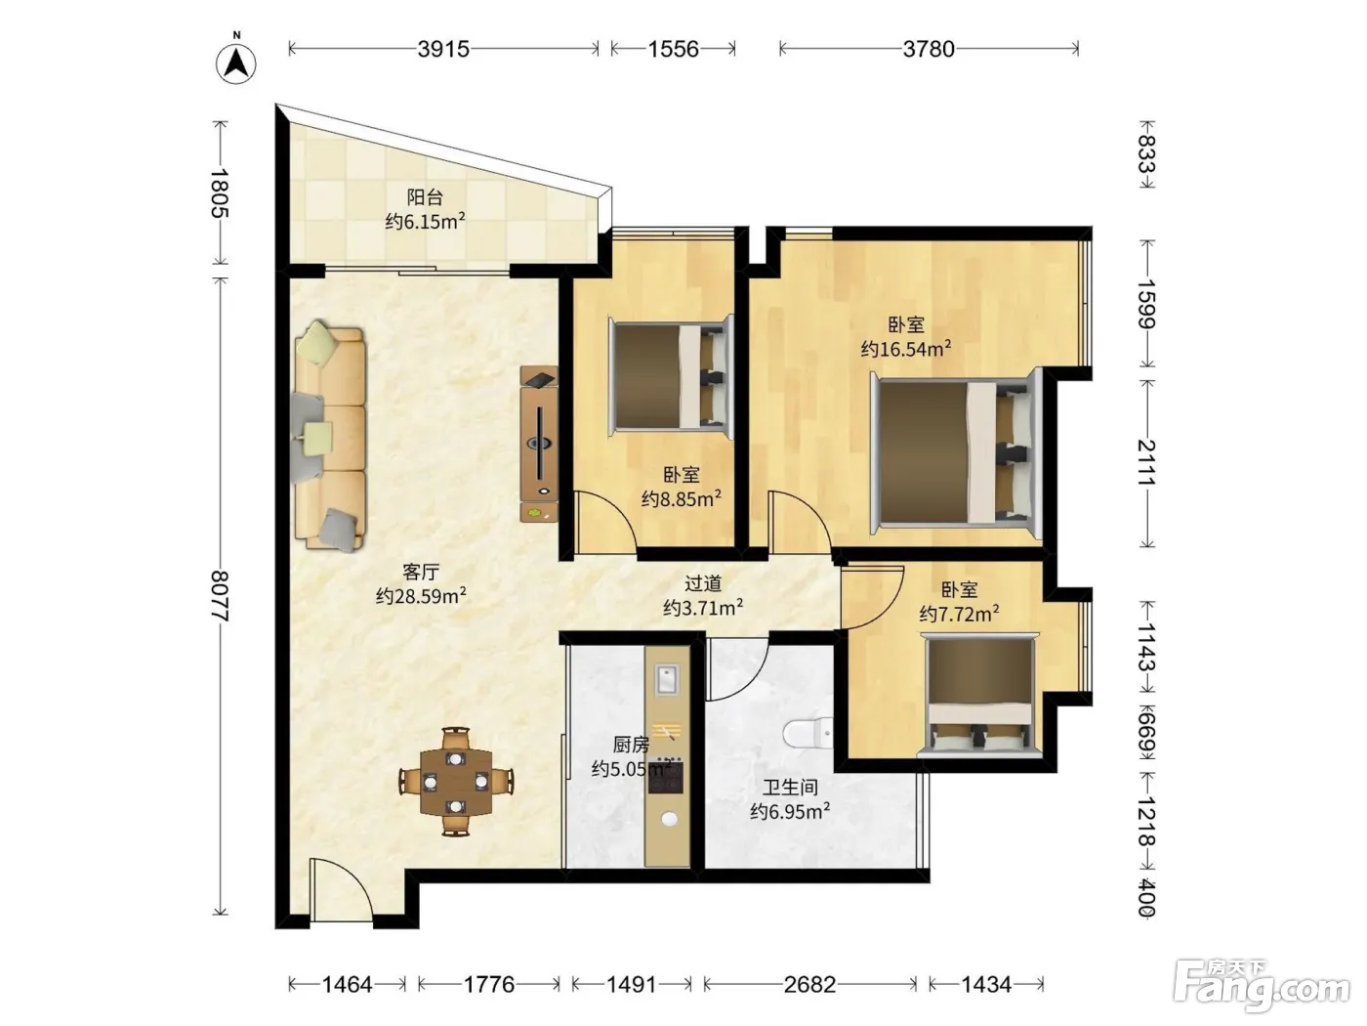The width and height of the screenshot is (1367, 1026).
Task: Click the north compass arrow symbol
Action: tap(236, 63)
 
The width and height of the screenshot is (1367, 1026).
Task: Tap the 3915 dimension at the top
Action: tap(443, 49)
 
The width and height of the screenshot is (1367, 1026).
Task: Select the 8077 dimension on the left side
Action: tap(220, 595)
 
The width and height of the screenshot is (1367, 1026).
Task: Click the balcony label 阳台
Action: tap(425, 197)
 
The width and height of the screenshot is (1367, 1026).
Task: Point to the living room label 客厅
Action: tap(421, 572)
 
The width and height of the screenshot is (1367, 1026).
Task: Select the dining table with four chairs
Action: tap(457, 781)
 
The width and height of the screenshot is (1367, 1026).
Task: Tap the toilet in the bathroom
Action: tap(808, 733)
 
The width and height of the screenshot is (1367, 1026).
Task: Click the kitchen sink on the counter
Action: tap(667, 678)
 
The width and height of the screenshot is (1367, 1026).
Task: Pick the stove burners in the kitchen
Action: tap(666, 776)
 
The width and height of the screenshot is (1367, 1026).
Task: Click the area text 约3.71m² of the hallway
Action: tap(703, 608)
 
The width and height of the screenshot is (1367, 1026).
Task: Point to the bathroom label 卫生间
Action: tap(790, 788)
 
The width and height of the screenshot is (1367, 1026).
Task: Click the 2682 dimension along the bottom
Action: tap(809, 984)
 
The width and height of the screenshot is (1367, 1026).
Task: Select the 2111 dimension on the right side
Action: tap(1147, 463)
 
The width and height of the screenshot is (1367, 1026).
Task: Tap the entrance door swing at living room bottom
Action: tap(342, 887)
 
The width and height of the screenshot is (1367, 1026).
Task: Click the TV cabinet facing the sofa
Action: tap(539, 444)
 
